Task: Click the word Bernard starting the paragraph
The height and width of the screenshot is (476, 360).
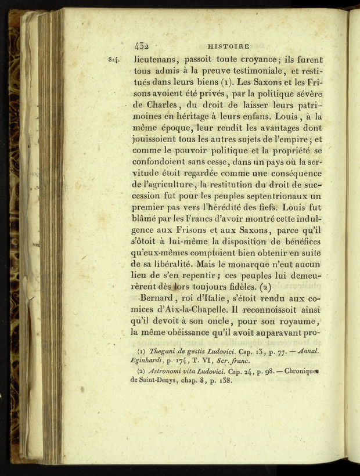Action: click(x=160, y=298)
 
